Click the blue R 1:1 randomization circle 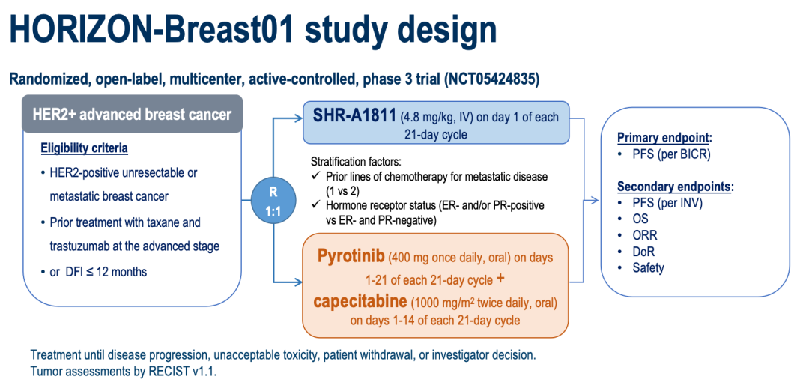(274, 201)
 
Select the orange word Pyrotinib (351, 257)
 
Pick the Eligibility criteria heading (85, 148)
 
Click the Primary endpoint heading (664, 138)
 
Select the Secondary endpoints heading (675, 186)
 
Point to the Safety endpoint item (649, 267)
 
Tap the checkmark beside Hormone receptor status (316, 206)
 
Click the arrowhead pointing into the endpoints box (596, 200)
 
